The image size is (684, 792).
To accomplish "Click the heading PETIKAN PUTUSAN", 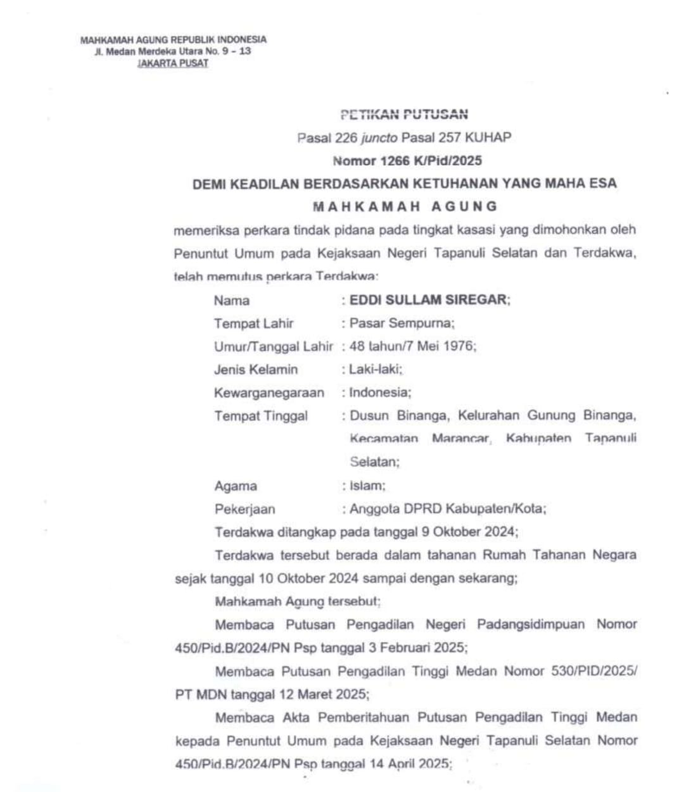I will tap(404, 115).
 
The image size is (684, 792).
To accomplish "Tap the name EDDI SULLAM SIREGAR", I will tap(429, 299).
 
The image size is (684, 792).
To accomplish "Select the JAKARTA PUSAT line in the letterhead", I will tap(173, 63).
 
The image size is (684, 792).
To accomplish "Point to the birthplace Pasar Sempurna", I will tap(402, 323).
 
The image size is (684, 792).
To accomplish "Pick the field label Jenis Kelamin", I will tap(255, 369).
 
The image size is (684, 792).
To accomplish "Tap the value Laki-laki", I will tap(375, 369).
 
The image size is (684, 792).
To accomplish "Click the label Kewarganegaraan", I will tap(269, 393).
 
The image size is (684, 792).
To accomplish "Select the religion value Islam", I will tap(367, 486).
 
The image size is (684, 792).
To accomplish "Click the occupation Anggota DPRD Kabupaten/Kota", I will tap(447, 508).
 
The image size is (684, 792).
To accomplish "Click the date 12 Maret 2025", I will tap(323, 694).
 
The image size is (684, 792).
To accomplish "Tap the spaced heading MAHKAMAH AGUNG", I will tap(405, 206).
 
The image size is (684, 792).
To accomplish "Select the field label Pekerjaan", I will tap(244, 509).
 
